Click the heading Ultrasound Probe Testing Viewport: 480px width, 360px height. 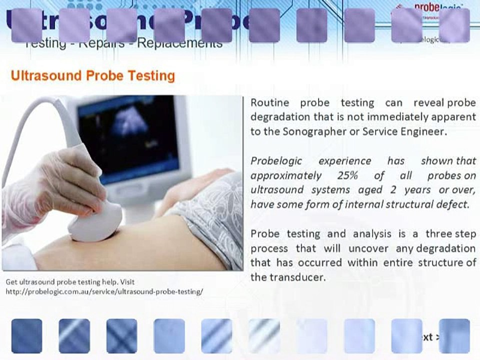[92, 76]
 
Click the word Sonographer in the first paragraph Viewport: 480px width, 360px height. [310, 132]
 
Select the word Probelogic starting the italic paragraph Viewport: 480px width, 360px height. [276, 161]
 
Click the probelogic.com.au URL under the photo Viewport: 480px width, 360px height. [104, 291]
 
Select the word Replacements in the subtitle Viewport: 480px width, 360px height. [179, 43]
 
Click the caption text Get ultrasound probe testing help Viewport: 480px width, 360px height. [70, 282]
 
